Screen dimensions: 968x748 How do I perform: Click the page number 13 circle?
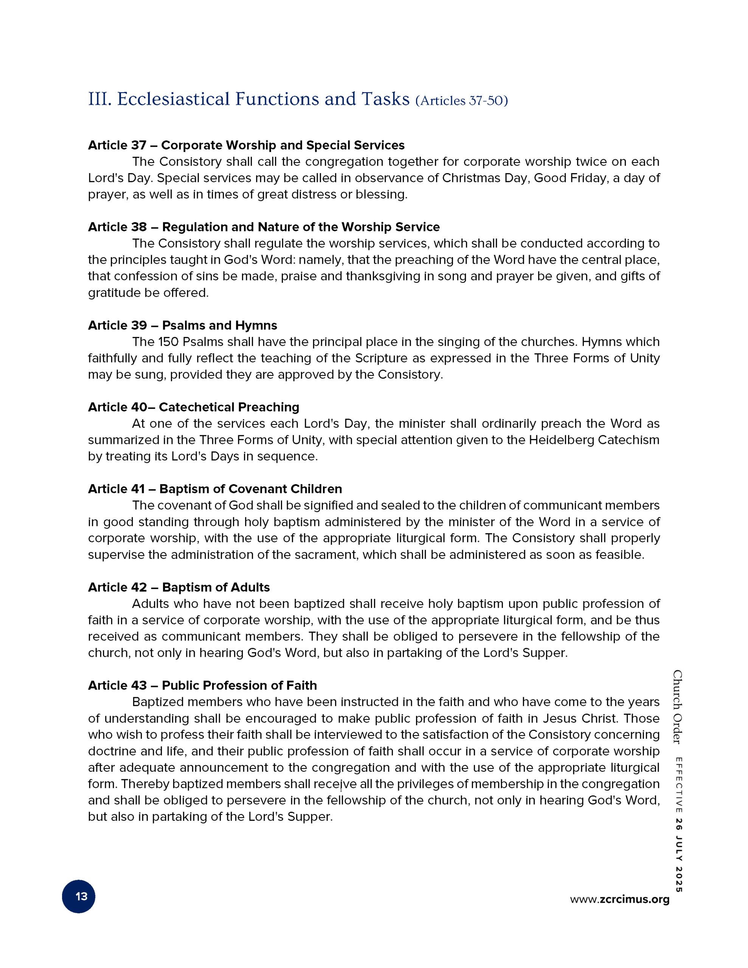[79, 896]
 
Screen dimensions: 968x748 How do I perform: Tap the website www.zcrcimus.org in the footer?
[619, 899]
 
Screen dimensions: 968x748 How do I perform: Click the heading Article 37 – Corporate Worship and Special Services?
[246, 145]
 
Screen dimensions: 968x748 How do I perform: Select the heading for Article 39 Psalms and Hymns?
[182, 325]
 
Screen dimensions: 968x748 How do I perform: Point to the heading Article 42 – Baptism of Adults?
[179, 587]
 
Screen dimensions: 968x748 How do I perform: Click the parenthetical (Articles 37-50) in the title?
[462, 101]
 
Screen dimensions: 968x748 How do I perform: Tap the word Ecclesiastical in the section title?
[173, 99]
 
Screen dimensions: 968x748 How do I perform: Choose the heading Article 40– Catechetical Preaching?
[193, 407]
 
